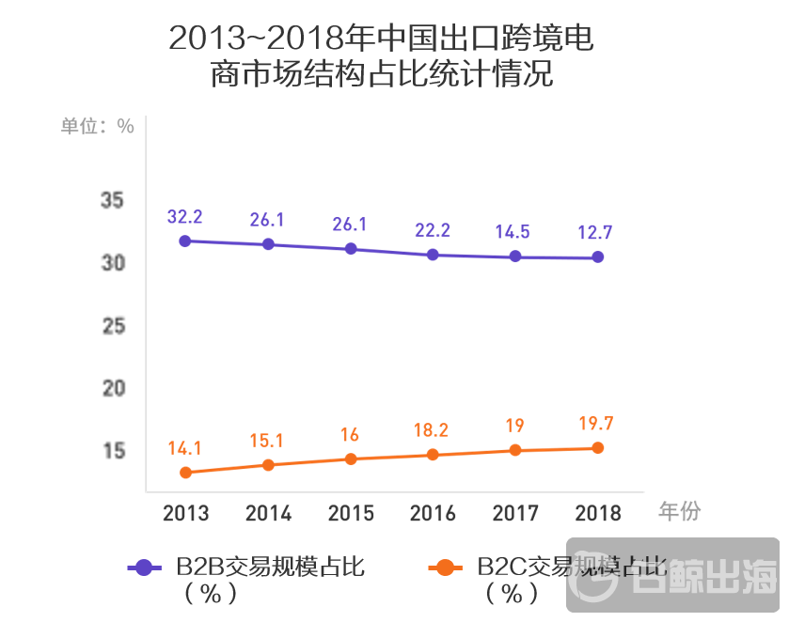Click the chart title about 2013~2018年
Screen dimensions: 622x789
pyautogui.click(x=381, y=56)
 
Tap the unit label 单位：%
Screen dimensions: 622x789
pyautogui.click(x=97, y=126)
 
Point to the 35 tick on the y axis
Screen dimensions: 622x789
pyautogui.click(x=113, y=200)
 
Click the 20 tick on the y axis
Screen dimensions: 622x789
pyautogui.click(x=113, y=388)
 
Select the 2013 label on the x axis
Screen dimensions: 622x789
pyautogui.click(x=185, y=513)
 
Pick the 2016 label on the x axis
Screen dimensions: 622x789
pyautogui.click(x=433, y=513)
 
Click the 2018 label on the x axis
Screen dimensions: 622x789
pyautogui.click(x=598, y=513)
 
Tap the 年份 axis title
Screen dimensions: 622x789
pyautogui.click(x=679, y=511)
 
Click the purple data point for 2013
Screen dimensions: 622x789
pyautogui.click(x=185, y=241)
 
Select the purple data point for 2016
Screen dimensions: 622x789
pyautogui.click(x=433, y=255)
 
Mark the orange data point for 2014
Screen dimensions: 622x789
pyautogui.click(x=268, y=465)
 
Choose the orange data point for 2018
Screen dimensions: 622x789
pyautogui.click(x=598, y=448)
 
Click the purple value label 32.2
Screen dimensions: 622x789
pyautogui.click(x=185, y=216)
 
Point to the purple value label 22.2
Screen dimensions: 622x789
pyautogui.click(x=433, y=230)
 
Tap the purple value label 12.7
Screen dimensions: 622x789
pyautogui.click(x=598, y=232)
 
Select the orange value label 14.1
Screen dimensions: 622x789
pyautogui.click(x=185, y=448)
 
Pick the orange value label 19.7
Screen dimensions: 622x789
pyautogui.click(x=598, y=423)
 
